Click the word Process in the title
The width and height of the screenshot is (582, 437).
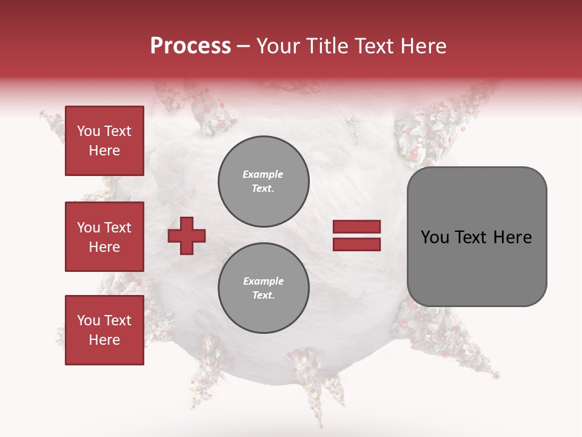(190, 46)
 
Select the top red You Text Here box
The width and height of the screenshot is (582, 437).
(104, 141)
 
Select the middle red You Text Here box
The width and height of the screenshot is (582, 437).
(104, 237)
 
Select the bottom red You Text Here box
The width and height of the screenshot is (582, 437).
(104, 330)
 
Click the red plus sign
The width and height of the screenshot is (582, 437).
(187, 235)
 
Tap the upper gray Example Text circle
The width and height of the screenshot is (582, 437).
(264, 181)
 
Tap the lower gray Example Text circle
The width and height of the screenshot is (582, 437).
(264, 288)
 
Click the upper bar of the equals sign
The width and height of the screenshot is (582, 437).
(356, 226)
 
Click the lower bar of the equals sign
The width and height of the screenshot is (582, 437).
(356, 245)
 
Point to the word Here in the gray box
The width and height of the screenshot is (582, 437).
(512, 237)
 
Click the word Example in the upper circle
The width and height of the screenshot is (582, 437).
(263, 174)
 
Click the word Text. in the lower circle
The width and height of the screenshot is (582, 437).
(263, 296)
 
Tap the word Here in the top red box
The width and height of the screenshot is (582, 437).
(104, 151)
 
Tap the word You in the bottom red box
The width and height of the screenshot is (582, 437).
(89, 320)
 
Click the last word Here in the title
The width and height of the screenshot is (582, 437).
(424, 46)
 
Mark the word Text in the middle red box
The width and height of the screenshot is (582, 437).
(118, 228)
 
